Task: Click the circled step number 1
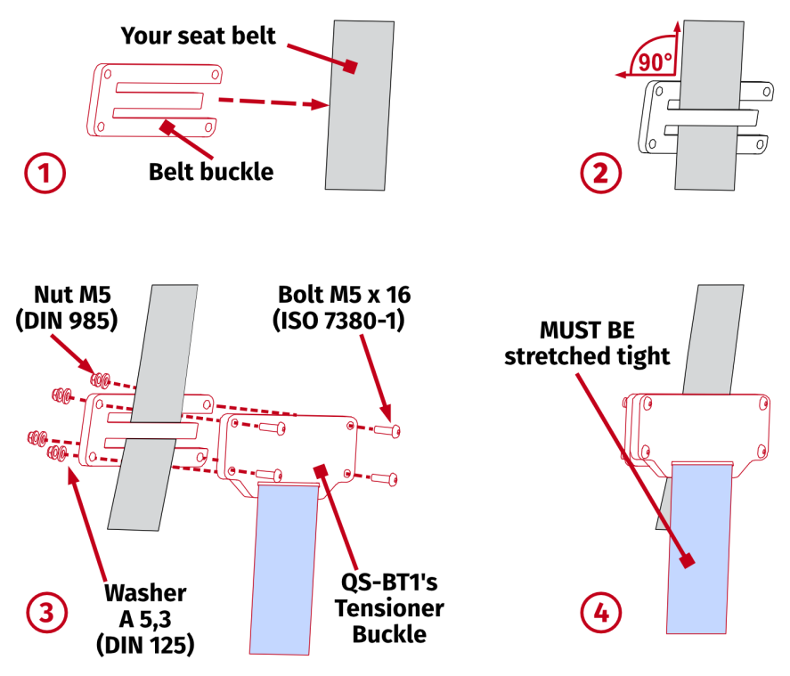(45, 173)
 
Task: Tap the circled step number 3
(45, 612)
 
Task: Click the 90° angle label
(654, 62)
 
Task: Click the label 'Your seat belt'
(199, 36)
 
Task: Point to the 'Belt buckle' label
(210, 170)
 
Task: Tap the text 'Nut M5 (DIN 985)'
(67, 307)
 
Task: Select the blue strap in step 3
(284, 570)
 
